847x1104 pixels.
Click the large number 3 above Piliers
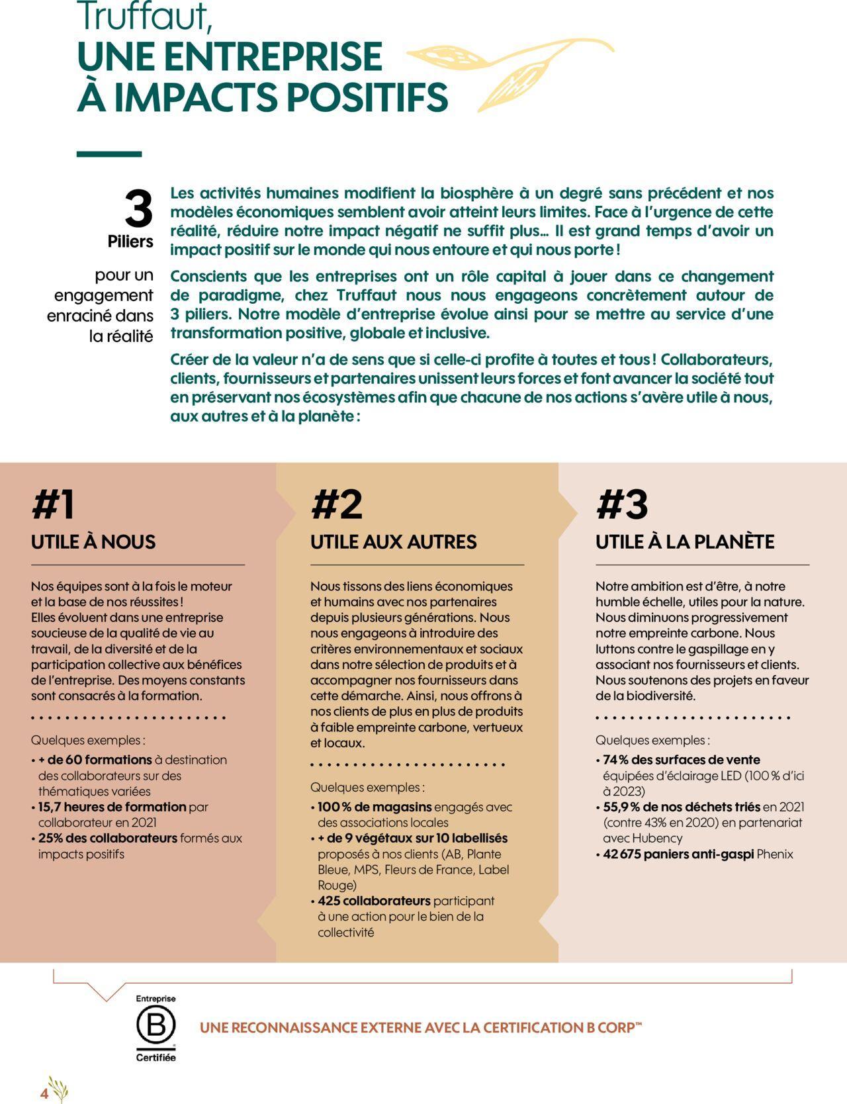click(138, 208)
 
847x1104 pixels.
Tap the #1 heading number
click(53, 505)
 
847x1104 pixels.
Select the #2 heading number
click(337, 505)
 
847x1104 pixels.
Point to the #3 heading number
click(622, 505)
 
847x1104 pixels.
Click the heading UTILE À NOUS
click(93, 542)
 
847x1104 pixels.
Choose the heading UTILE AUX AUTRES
click(393, 542)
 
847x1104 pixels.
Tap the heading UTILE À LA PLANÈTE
click(685, 542)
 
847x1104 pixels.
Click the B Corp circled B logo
click(156, 1026)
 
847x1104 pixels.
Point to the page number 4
click(44, 1093)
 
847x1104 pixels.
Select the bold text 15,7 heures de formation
click(112, 807)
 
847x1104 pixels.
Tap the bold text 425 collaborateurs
click(374, 901)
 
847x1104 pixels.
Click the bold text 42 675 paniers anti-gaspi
click(678, 854)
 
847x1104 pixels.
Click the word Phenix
click(774, 854)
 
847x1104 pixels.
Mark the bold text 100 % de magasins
click(375, 807)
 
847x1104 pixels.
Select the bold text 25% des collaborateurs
click(108, 838)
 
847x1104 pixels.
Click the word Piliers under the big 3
click(130, 242)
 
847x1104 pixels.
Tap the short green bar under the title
click(109, 154)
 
